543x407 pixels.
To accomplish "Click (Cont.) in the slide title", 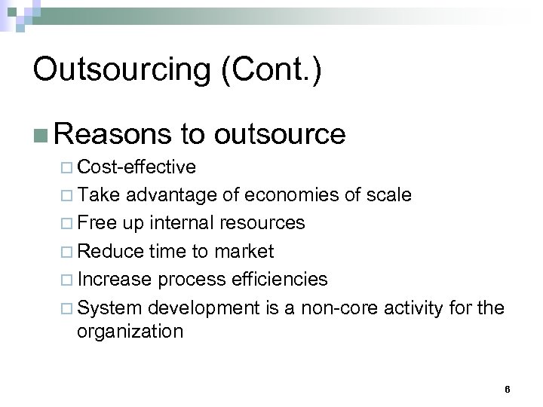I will click(x=281, y=71).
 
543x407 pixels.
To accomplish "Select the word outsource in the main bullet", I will click(x=280, y=134).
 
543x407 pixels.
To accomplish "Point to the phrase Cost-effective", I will click(x=137, y=167).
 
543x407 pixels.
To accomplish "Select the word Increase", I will click(x=114, y=279).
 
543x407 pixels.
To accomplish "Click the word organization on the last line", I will click(x=130, y=332).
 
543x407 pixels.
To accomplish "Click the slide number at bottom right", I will click(x=507, y=389).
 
